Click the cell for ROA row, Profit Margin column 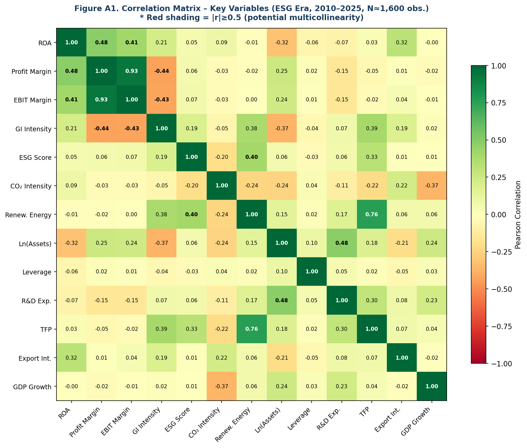pyautogui.click(x=102, y=42)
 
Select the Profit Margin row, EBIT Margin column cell pyautogui.click(x=131, y=71)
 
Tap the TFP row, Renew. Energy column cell pyautogui.click(x=252, y=329)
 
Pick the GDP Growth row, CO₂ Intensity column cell pyautogui.click(x=221, y=386)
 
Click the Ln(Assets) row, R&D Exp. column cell pyautogui.click(x=342, y=243)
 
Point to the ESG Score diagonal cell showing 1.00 pyautogui.click(x=192, y=157)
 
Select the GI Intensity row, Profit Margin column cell pyautogui.click(x=102, y=128)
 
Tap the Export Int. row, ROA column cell pyautogui.click(x=71, y=358)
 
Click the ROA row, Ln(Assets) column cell pyautogui.click(x=282, y=42)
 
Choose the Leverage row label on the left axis pyautogui.click(x=37, y=272)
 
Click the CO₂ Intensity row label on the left pyautogui.click(x=31, y=186)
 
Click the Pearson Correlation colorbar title pyautogui.click(x=518, y=215)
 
